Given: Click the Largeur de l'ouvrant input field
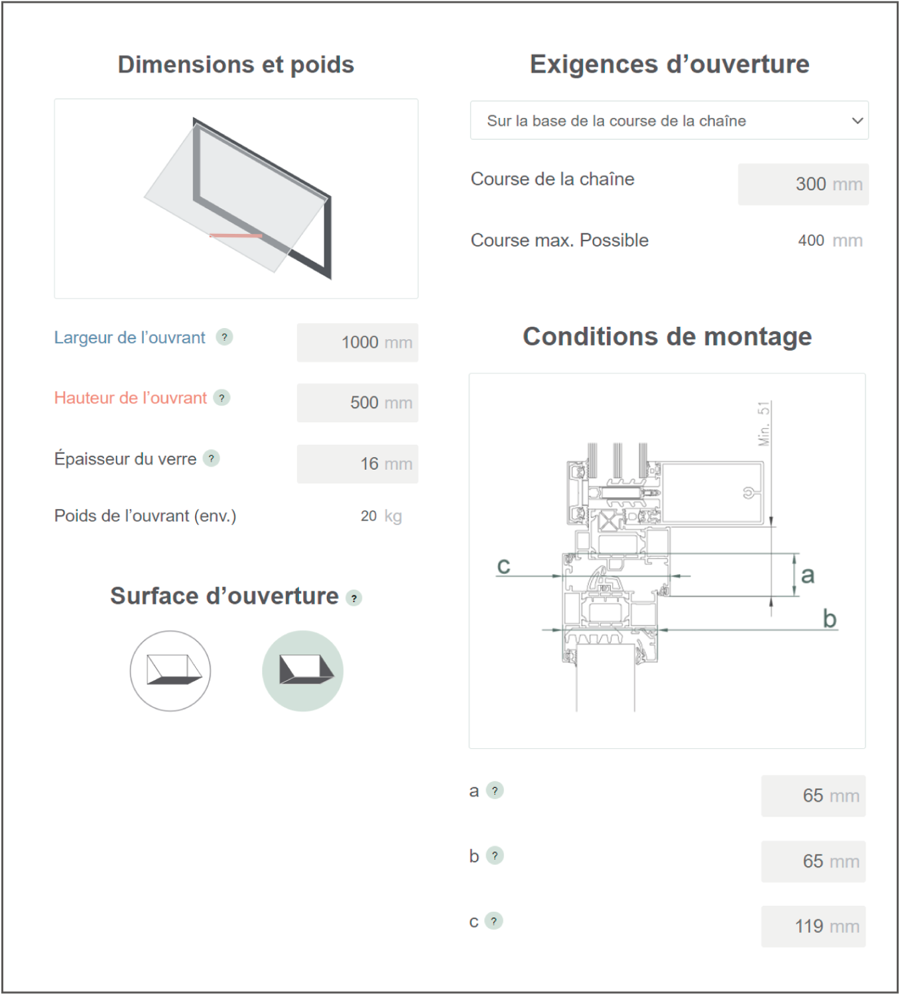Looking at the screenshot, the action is [357, 343].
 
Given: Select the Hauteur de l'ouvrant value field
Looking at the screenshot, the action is [357, 402].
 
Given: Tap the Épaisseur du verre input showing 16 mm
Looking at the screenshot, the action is [357, 464].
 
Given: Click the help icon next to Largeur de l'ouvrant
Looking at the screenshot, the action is [224, 337].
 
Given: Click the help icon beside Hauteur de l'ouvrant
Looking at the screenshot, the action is [222, 398].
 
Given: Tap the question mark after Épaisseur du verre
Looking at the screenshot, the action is [212, 459].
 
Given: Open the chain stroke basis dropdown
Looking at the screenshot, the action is [669, 121].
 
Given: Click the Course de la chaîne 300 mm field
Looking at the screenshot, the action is [803, 184].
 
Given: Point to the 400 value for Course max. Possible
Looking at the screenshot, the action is [810, 241].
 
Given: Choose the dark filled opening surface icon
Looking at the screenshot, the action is [302, 671].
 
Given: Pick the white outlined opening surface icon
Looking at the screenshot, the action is [170, 671].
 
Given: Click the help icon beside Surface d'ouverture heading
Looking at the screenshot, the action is [354, 598].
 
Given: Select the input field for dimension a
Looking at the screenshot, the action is [813, 796].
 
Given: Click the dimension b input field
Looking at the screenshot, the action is [813, 861].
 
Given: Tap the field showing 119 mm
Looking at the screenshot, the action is [813, 926].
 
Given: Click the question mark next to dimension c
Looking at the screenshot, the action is [493, 921].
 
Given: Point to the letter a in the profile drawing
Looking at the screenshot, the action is [808, 575].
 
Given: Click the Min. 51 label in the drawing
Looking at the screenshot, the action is [764, 423].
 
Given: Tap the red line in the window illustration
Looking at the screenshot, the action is [235, 236].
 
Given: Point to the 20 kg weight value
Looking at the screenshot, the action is [381, 516].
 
